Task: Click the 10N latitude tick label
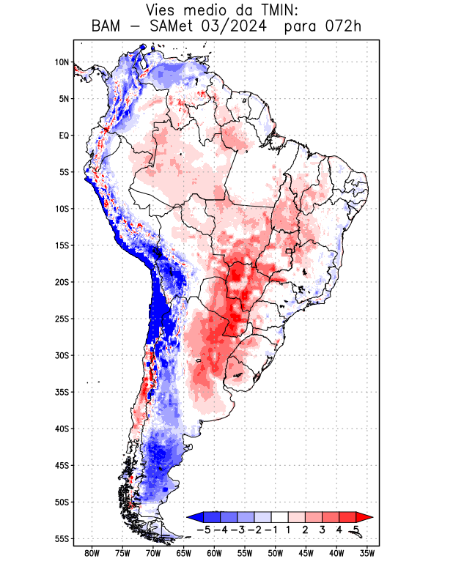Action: (62, 62)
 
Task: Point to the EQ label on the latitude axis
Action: (63, 136)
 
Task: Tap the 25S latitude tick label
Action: (62, 319)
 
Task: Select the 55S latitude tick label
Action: (62, 538)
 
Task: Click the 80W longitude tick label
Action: (92, 554)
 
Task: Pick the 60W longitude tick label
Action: (215, 554)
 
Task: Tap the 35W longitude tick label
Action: (368, 554)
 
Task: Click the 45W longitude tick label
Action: (306, 554)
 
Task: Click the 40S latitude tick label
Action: (62, 429)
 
